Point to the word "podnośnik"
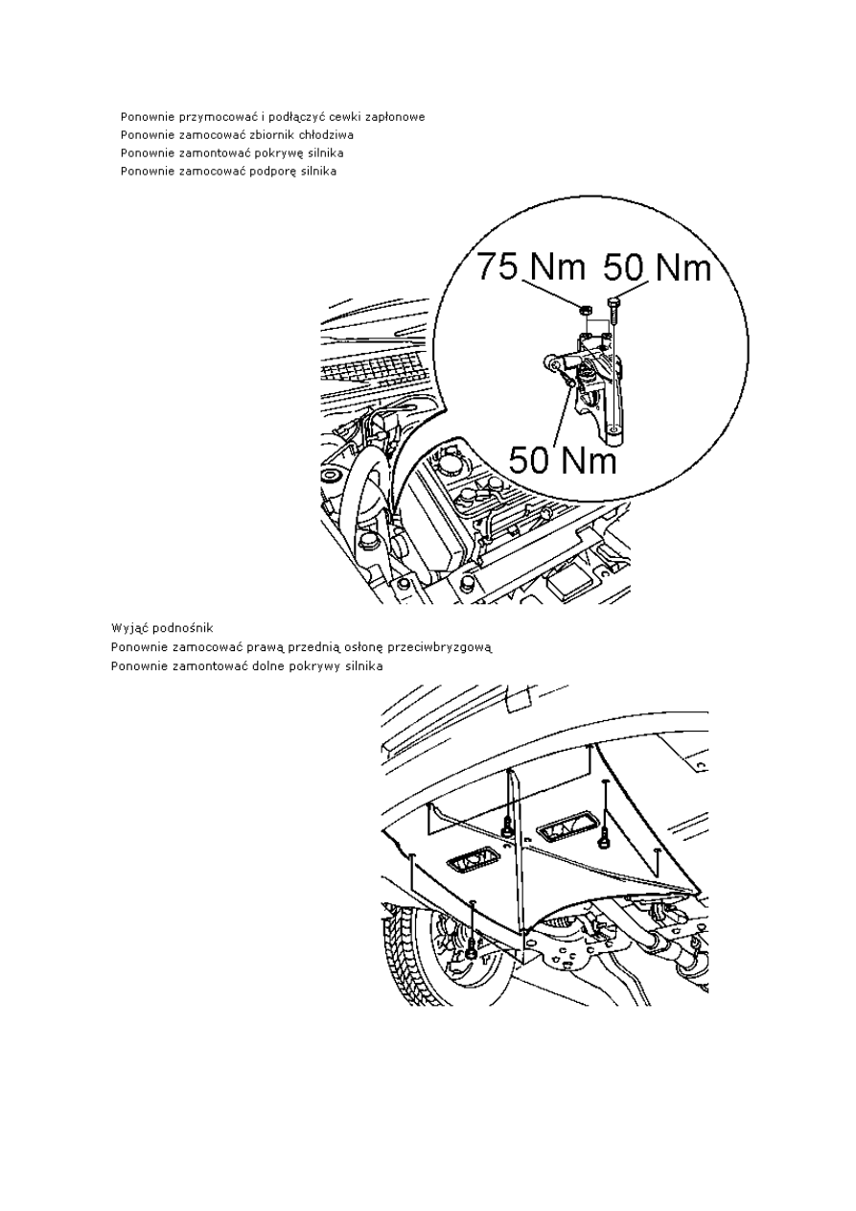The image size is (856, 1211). (183, 628)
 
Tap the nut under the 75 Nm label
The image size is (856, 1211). (584, 311)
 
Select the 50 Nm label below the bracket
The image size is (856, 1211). (563, 458)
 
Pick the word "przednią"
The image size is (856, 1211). (313, 647)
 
